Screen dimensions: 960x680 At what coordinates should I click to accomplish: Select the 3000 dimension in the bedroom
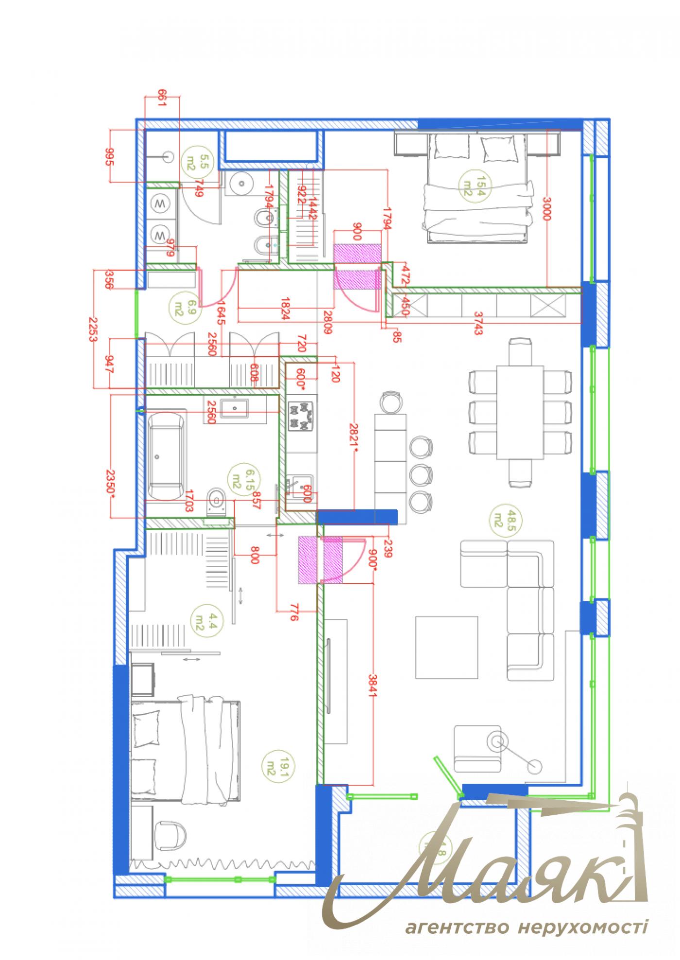click(x=547, y=209)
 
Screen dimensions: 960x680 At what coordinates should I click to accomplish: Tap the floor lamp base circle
click(x=535, y=767)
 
